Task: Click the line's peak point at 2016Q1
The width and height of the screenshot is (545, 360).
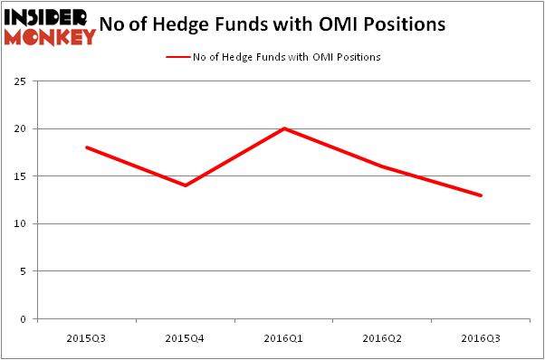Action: [284, 128]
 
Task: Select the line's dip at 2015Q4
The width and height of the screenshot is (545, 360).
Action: [186, 185]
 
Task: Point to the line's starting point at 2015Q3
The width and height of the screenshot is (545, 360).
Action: [87, 147]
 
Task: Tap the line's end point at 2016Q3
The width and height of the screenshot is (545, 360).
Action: [482, 195]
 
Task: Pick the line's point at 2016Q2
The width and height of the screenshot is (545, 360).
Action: [383, 166]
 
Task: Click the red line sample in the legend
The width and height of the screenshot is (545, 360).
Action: [177, 57]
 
